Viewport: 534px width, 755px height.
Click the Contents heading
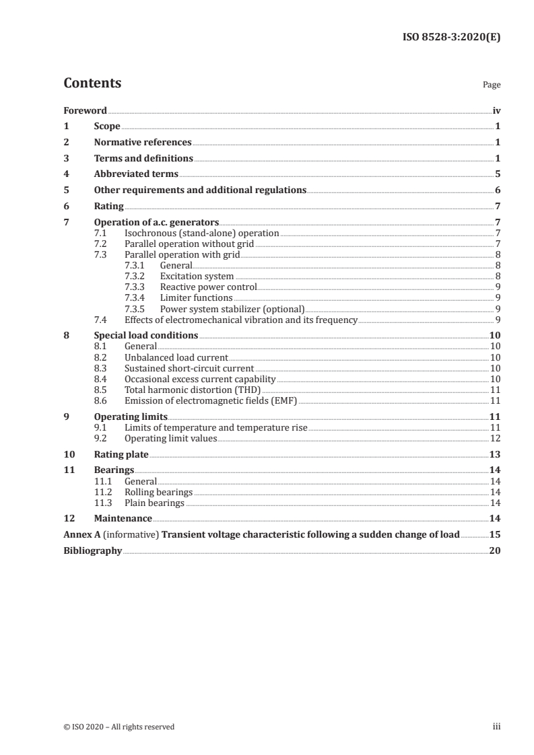coord(92,83)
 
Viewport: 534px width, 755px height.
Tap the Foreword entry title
coord(85,110)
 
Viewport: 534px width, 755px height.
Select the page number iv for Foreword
coord(496,110)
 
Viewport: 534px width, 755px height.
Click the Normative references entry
coord(143,143)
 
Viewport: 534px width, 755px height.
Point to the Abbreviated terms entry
coord(136,174)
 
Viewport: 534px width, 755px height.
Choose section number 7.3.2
coord(135,277)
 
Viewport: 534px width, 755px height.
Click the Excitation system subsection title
coord(197,277)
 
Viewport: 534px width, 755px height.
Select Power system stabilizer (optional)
coord(232,309)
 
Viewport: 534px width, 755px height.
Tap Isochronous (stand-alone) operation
coord(201,233)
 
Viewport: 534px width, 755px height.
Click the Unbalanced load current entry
coord(176,357)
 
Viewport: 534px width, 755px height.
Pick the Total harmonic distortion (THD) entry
coord(193,390)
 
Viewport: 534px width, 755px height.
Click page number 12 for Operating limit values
coord(495,438)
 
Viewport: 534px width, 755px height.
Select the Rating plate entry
coord(121,454)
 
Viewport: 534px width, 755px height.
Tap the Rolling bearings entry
coord(158,492)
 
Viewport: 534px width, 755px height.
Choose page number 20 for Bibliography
coord(495,551)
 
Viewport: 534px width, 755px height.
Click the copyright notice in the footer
coord(119,727)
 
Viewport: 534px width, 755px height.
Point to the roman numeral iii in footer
coord(497,727)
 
